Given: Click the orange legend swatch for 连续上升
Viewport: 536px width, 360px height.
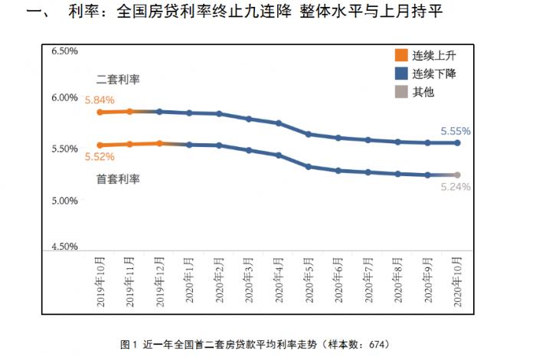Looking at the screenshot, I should point(400,55).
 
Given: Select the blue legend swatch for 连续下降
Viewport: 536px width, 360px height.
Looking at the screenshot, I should point(400,74).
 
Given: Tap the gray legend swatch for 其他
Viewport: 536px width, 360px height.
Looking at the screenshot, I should point(400,92).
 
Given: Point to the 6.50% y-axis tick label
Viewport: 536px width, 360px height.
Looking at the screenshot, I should point(64,51).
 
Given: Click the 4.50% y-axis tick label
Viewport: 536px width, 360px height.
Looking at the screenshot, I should point(64,247).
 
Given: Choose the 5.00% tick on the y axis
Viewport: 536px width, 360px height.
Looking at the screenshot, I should point(64,201).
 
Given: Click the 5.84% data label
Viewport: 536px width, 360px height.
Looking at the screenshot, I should point(100,100).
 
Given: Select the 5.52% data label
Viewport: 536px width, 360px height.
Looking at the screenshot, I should point(100,157).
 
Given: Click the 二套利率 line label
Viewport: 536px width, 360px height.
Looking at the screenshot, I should point(118,80).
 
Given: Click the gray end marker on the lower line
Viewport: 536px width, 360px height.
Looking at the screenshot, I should point(457,175).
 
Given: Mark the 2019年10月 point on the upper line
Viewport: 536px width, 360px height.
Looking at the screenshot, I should point(100,112).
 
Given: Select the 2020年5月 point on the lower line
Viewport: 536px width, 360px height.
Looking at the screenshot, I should point(308,166).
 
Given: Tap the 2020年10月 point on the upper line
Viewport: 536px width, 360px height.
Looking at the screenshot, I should point(457,142).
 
